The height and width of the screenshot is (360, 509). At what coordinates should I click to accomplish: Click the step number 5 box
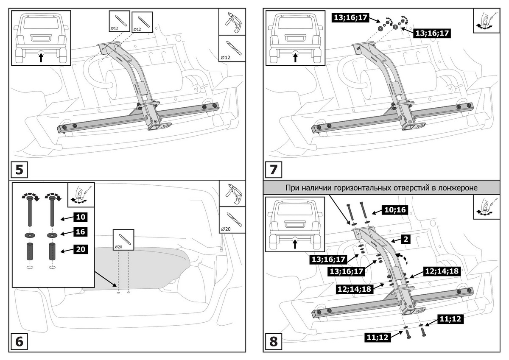coord(19,170)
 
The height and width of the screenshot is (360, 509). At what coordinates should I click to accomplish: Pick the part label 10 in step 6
coord(80,217)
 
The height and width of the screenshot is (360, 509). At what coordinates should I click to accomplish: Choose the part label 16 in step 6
coord(80,232)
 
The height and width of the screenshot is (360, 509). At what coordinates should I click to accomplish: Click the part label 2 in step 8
coord(406,239)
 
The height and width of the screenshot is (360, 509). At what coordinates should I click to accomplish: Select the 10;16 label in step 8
coord(396,210)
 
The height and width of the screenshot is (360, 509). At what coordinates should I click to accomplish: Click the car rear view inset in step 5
coord(41,37)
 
